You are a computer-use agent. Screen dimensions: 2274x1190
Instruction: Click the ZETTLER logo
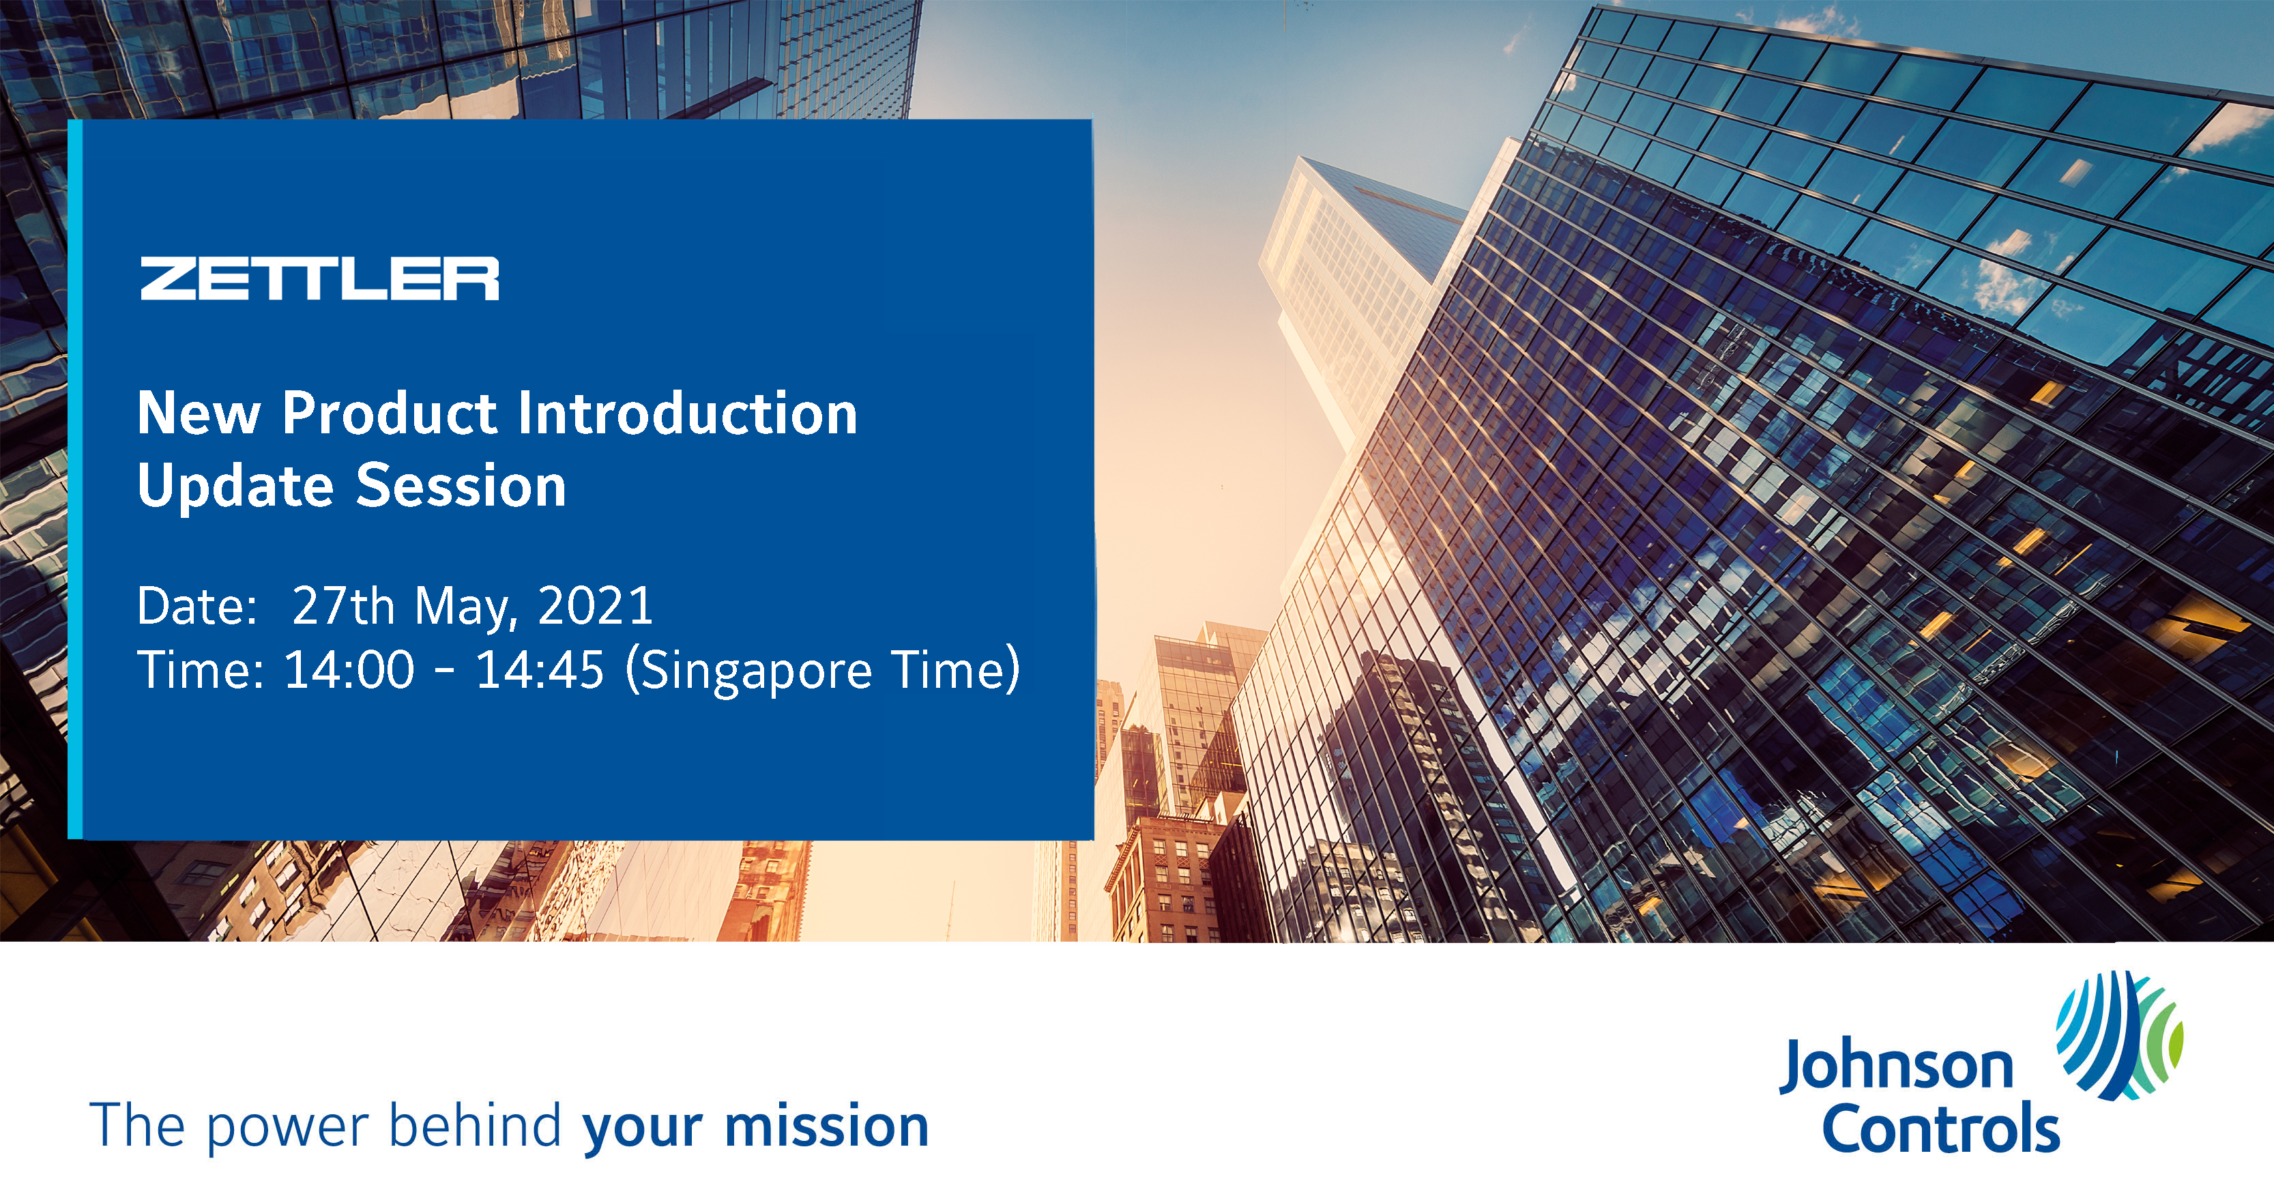319,278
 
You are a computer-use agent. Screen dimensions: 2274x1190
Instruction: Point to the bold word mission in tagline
827,1126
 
